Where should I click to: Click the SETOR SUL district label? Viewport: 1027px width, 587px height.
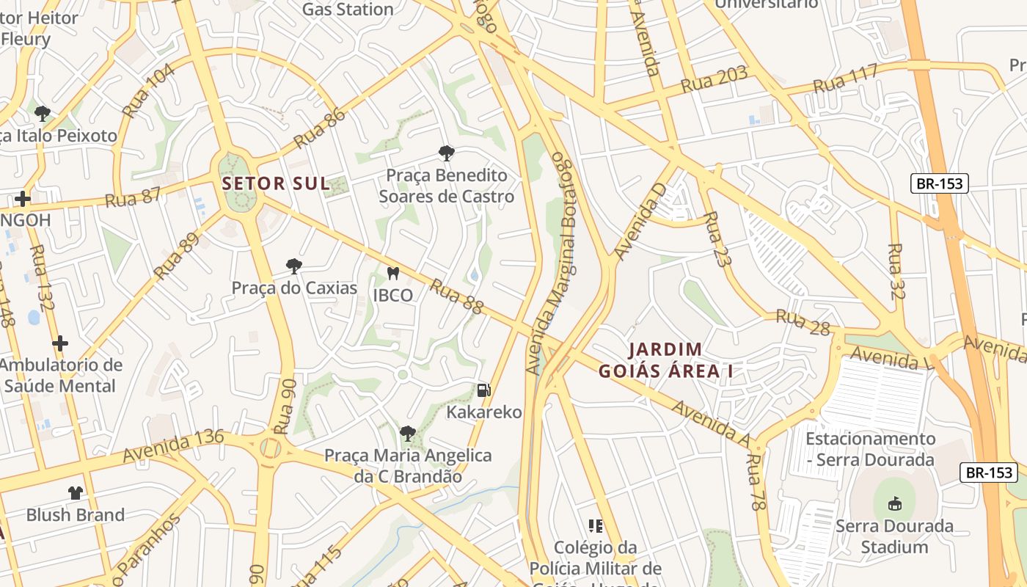(276, 183)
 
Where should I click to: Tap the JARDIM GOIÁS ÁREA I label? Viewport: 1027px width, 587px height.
(665, 360)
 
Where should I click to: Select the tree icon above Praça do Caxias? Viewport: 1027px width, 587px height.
(294, 266)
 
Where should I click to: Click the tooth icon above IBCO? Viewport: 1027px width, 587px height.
(392, 274)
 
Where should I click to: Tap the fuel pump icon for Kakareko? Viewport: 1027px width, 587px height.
(483, 390)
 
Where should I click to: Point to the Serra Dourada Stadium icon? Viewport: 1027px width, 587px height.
(894, 504)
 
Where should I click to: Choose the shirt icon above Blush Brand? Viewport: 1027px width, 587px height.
(76, 492)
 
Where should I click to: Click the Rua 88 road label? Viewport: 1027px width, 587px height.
(456, 296)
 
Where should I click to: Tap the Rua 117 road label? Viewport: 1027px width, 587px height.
(845, 79)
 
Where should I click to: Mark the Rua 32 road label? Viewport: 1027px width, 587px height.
(896, 271)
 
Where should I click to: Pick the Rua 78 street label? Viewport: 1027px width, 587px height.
(756, 481)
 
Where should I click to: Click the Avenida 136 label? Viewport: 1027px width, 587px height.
(173, 446)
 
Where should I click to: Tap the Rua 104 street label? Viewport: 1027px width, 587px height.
(150, 91)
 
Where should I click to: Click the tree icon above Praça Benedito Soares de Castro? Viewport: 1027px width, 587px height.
(445, 153)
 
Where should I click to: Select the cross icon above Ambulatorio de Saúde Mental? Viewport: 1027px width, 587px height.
(60, 343)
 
